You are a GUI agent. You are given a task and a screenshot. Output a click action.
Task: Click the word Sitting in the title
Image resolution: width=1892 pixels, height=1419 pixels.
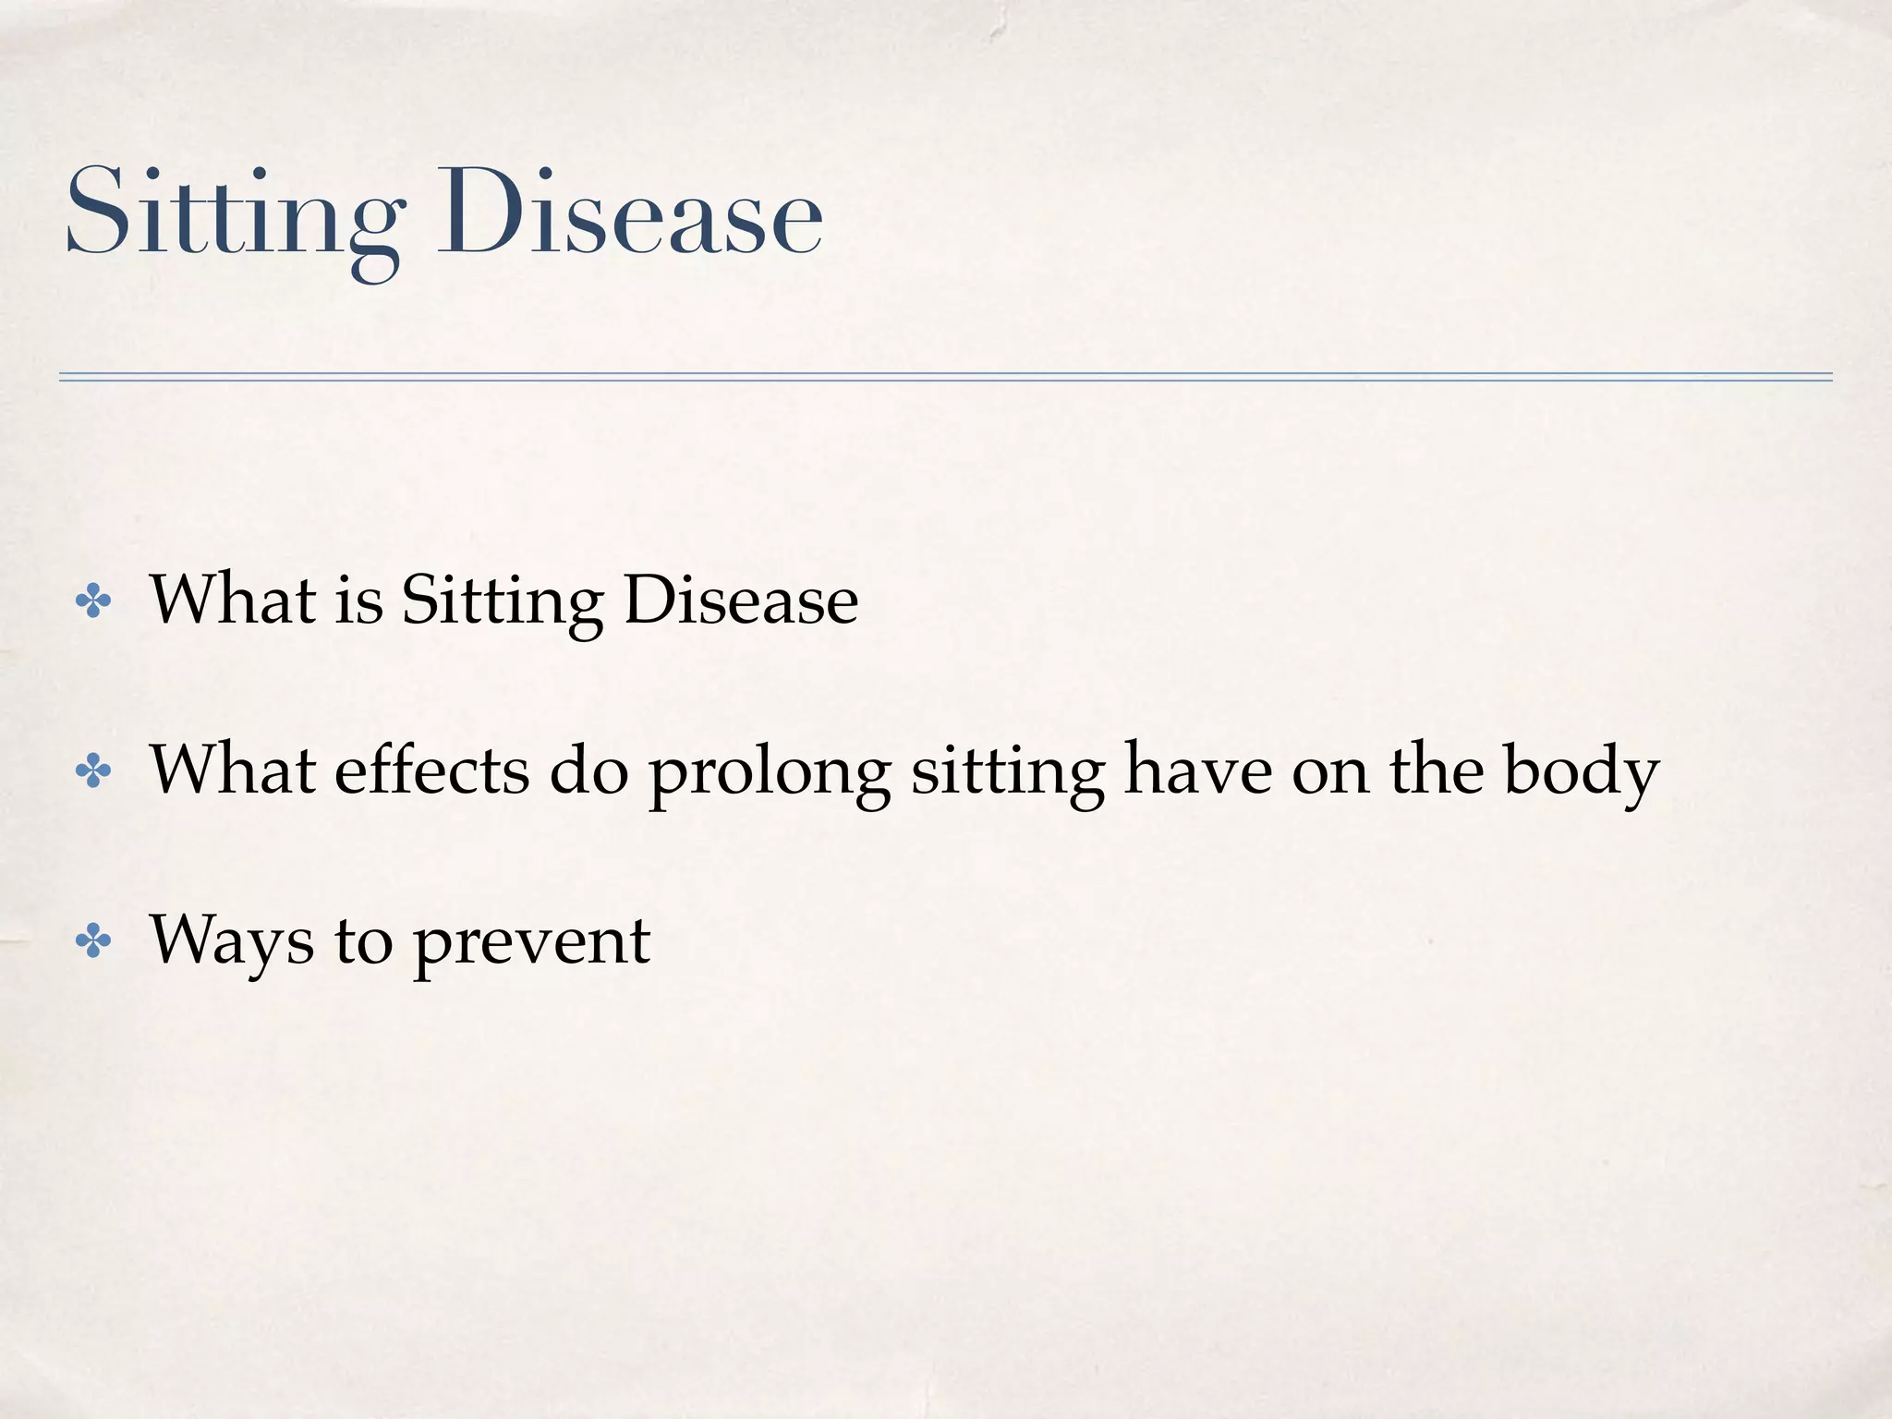coord(235,214)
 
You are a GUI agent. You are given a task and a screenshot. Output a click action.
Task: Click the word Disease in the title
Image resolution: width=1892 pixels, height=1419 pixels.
coord(629,214)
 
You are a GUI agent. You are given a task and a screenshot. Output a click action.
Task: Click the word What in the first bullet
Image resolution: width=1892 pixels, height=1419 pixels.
coord(233,600)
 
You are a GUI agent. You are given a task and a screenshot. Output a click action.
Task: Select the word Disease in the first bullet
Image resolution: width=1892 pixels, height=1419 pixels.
coord(741,600)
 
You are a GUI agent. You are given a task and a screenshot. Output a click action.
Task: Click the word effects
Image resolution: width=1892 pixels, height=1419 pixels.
coord(431,770)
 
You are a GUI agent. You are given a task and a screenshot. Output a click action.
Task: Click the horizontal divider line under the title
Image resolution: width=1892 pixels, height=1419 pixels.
coord(945,377)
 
